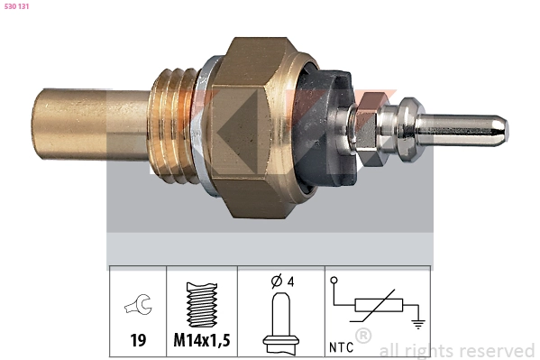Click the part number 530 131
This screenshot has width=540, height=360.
(18, 7)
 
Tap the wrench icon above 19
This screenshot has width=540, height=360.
(138, 307)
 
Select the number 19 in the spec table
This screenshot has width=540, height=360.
(138, 342)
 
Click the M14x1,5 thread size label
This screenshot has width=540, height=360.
(203, 342)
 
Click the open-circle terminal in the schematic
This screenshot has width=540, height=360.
(334, 282)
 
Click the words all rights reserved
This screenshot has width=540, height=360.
(457, 350)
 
